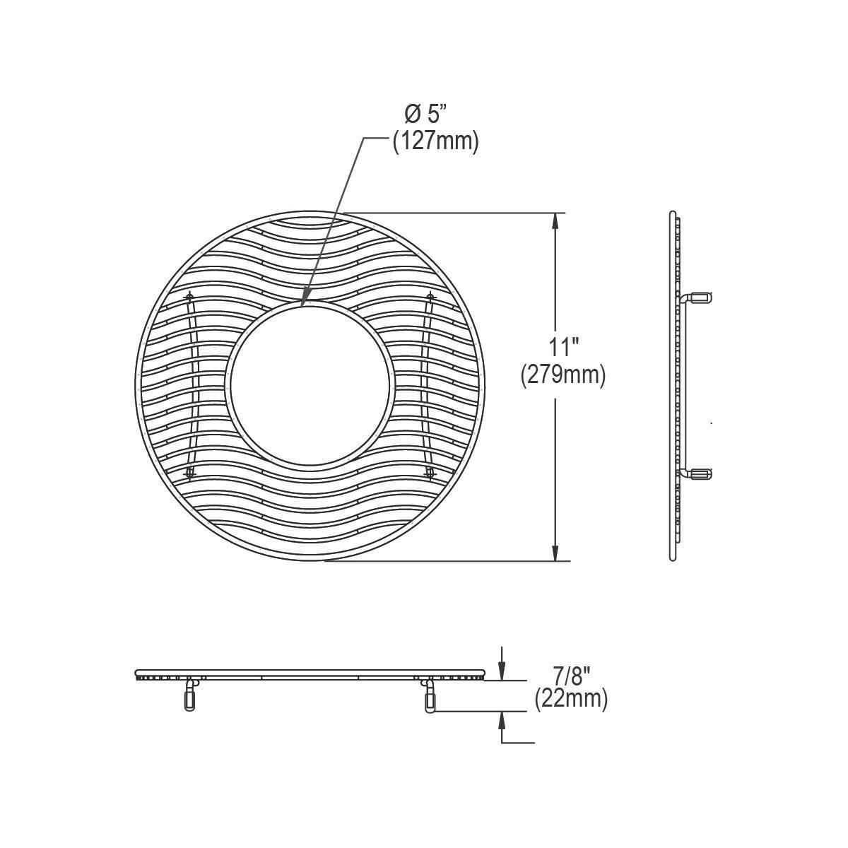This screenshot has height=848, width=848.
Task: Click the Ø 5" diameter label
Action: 425,113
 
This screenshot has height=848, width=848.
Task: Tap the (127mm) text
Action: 435,141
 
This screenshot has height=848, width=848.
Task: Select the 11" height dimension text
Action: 564,348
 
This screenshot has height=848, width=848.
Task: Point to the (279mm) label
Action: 563,375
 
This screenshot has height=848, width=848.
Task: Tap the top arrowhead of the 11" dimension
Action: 556,220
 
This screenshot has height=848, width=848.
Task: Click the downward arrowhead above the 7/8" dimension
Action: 502,672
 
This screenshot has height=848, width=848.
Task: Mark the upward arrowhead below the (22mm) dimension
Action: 502,719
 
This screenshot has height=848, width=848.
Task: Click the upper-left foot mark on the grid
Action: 189,295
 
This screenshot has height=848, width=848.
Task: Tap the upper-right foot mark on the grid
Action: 430,295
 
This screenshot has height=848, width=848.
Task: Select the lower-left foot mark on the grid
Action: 189,471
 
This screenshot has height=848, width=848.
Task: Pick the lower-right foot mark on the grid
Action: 429,471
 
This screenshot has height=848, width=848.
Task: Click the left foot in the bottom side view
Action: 189,695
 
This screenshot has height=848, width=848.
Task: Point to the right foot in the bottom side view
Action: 430,695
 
